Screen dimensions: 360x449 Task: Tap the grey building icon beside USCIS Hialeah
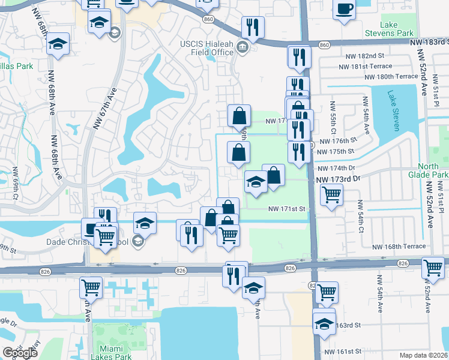(243, 47)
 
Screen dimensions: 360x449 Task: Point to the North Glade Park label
(432, 170)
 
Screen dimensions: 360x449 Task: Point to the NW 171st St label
(287, 209)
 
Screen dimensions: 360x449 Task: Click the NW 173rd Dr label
(337, 179)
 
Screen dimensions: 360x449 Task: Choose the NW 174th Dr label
(336, 169)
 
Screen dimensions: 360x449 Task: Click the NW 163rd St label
(346, 325)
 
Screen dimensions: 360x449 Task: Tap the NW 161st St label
(343, 351)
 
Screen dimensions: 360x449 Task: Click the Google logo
(20, 353)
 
